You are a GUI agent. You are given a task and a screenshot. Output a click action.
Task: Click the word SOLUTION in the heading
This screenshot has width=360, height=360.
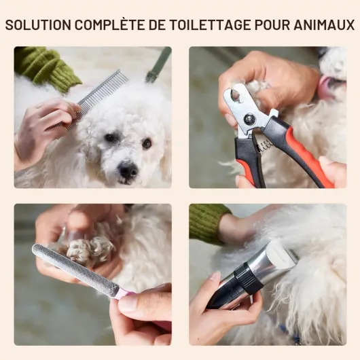38,25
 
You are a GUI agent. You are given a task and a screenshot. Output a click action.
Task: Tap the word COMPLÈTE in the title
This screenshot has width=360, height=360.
109,24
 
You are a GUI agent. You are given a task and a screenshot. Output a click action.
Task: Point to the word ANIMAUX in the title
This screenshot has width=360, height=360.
324,25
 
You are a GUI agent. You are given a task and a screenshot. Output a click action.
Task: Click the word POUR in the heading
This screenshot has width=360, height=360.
272,25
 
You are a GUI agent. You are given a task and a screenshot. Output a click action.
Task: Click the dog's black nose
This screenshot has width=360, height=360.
128,169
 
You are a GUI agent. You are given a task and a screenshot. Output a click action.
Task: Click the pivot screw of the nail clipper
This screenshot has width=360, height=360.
249,118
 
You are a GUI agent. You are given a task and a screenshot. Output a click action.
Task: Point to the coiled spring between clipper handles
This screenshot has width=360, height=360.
266,145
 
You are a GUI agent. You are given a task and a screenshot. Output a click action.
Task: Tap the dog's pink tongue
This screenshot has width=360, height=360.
326,87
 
